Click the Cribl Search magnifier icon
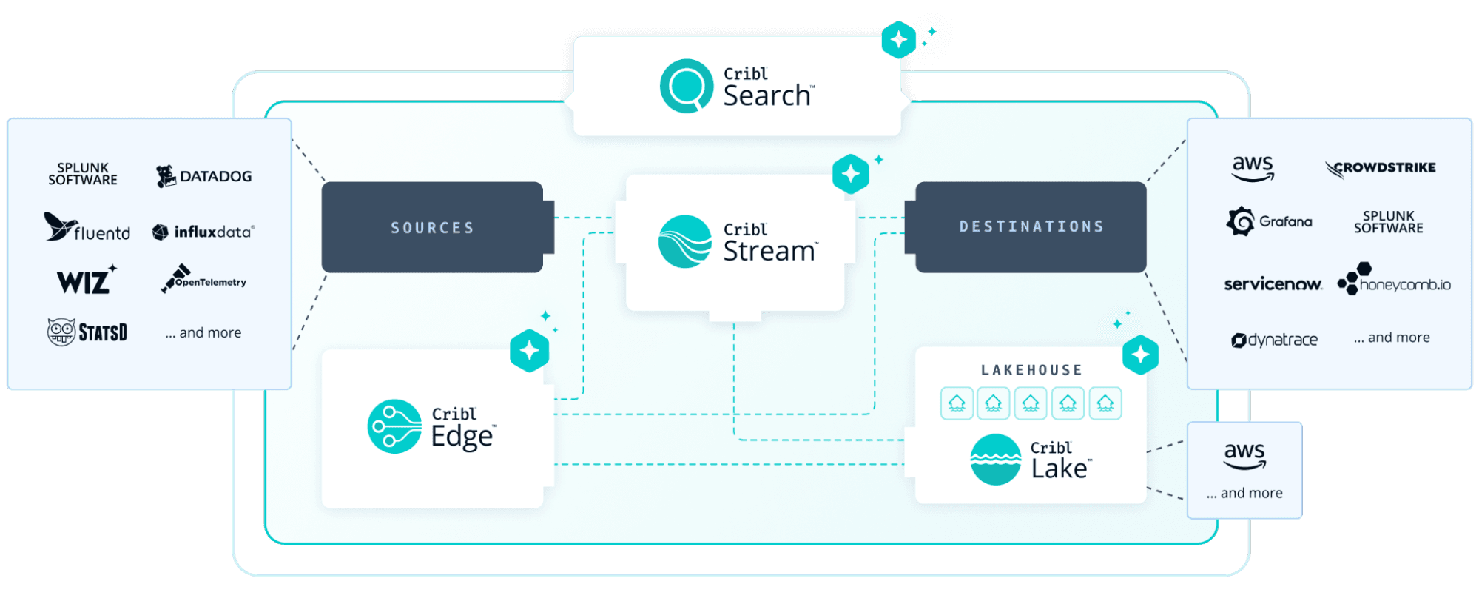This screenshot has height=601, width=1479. click(x=686, y=86)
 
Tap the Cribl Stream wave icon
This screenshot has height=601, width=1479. click(x=684, y=241)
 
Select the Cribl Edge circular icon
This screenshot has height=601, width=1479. click(x=394, y=426)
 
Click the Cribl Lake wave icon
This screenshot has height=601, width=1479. click(x=995, y=459)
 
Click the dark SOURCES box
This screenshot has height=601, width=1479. click(x=433, y=227)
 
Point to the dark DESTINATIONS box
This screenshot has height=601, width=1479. click(x=1031, y=226)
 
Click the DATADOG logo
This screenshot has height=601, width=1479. click(x=204, y=176)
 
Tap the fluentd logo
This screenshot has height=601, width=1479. click(x=87, y=228)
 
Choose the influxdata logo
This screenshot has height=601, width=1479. click(x=203, y=232)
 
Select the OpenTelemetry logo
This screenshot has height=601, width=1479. click(x=203, y=280)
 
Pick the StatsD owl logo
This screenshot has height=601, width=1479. click(x=87, y=332)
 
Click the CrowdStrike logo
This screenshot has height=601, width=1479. click(x=1380, y=169)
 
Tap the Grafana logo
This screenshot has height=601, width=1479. click(x=1270, y=221)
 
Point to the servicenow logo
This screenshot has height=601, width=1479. click(x=1273, y=284)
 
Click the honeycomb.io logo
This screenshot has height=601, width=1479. click(x=1394, y=281)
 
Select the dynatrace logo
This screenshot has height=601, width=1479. click(x=1274, y=340)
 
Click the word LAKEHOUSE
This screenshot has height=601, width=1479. click(x=1031, y=370)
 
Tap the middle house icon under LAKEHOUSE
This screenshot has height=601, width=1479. click(x=1031, y=403)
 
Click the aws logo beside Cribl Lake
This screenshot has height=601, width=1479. click(x=1244, y=455)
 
